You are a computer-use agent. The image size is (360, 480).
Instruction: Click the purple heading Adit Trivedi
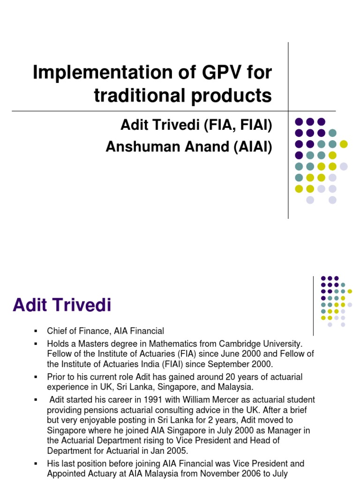point(62,306)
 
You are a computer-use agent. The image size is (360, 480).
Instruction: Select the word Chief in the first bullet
point(57,331)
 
